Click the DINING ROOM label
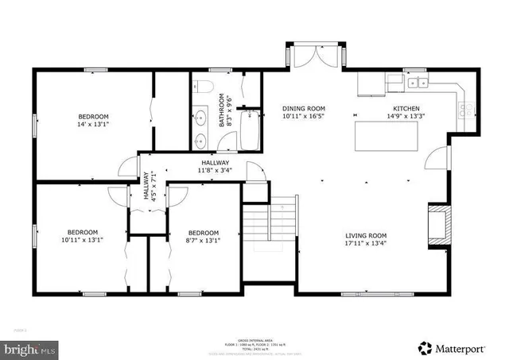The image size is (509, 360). tap(305, 108)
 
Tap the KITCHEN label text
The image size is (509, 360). tap(406, 108)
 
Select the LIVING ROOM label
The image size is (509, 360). tap(366, 235)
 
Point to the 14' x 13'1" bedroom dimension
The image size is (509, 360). tap(93, 124)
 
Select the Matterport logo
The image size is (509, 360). tap(454, 347)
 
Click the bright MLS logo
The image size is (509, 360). tap(31, 348)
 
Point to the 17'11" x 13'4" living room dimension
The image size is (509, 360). tap(366, 244)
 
